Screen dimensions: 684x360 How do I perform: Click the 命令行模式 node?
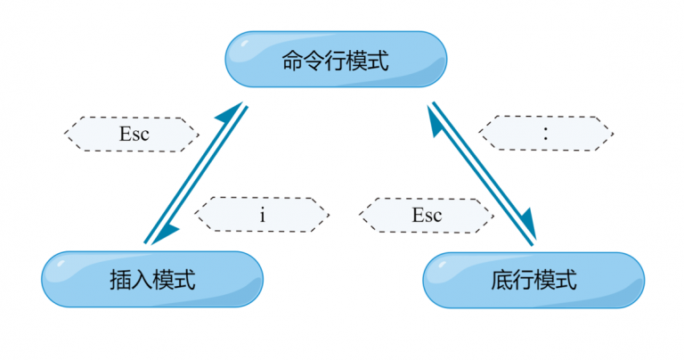click(x=336, y=60)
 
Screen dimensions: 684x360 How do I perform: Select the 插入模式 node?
click(x=152, y=279)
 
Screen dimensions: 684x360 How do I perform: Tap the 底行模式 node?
click(x=533, y=280)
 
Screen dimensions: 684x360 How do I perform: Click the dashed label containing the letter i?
click(x=262, y=215)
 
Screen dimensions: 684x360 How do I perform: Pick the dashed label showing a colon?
click(x=546, y=134)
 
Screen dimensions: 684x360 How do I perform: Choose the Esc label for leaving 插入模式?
click(x=132, y=135)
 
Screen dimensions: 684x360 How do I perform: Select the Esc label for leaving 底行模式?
click(x=427, y=215)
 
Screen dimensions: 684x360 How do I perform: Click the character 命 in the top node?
click(x=293, y=61)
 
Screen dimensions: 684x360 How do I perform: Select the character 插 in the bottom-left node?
click(x=120, y=280)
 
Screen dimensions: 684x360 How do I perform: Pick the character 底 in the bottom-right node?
click(x=501, y=280)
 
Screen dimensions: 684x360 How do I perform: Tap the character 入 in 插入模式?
click(x=142, y=280)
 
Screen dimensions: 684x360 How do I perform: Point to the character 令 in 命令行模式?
click(x=314, y=61)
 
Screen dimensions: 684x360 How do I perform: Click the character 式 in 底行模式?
click(x=566, y=280)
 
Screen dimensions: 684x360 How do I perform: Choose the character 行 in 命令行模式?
click(x=336, y=61)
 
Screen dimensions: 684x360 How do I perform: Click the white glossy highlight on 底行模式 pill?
click(x=443, y=265)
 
